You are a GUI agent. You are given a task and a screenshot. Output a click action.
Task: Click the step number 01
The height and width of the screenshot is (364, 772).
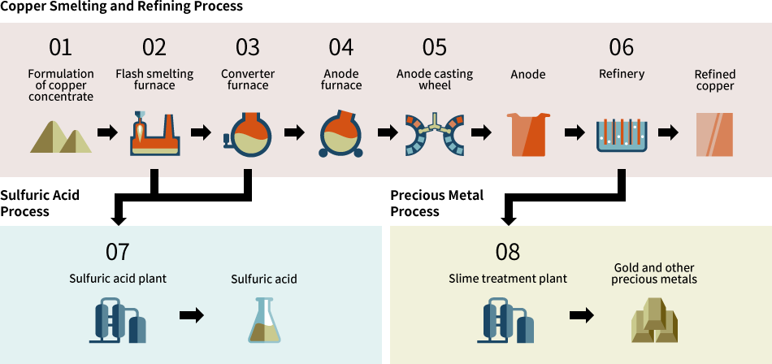60,47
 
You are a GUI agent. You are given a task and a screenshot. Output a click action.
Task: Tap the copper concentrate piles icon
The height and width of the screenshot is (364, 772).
61,135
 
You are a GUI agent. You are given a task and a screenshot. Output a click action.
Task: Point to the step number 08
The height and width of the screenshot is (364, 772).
507,252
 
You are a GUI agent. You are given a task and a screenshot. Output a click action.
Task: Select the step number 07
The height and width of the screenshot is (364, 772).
117,252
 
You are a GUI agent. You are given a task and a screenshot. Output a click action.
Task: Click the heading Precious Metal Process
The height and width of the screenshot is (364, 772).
436,203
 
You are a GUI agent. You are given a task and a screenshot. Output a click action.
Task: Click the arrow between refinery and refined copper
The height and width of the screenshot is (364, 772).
668,132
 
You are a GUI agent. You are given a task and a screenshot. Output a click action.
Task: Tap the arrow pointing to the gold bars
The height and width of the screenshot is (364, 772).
581,316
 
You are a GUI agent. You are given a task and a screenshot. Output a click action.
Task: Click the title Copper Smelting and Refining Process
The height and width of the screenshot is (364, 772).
121,6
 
